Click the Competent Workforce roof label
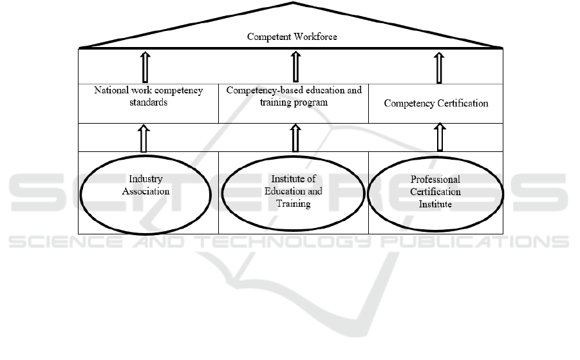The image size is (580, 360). point(292,37)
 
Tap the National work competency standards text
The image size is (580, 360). point(148,97)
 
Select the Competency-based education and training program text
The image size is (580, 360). point(294,96)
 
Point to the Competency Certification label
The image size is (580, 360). point(436,103)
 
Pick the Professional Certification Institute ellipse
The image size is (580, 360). point(435,192)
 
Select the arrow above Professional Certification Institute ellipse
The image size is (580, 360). point(439,137)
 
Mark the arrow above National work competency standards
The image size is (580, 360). point(144,66)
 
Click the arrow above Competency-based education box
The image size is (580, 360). point(295,66)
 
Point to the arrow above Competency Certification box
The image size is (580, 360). point(439,66)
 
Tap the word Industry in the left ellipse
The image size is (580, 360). point(145,179)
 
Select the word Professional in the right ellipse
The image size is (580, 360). point(435,180)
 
